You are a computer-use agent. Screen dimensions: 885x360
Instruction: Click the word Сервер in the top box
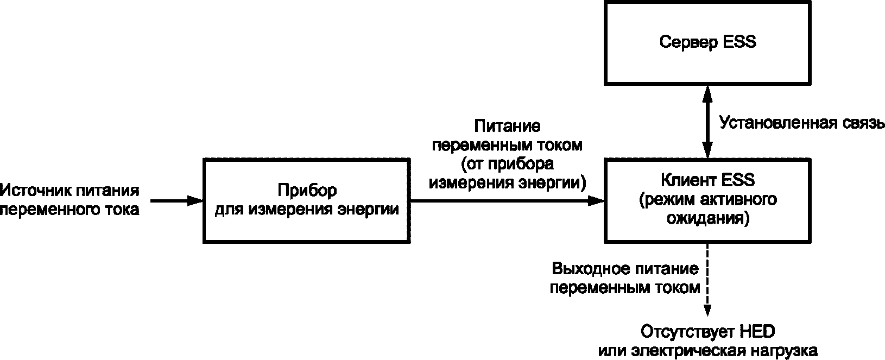tap(687, 42)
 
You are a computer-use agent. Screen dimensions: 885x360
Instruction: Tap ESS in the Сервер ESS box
tap(739, 41)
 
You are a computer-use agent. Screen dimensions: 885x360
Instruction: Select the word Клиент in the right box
tap(688, 180)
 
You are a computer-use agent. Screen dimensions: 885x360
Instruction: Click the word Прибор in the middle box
tap(307, 191)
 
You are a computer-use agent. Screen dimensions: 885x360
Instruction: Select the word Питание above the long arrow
tap(507, 126)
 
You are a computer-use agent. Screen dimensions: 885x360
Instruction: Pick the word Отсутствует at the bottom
tap(686, 332)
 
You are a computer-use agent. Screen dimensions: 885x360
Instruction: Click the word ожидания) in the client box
tap(708, 218)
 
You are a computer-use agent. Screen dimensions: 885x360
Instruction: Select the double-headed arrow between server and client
tap(707, 122)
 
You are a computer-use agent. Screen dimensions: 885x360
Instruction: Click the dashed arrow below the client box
tap(707, 280)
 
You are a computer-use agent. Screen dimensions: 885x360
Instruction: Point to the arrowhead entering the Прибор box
tap(195, 201)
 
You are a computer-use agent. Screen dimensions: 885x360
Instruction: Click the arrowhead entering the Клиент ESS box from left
tap(597, 201)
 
